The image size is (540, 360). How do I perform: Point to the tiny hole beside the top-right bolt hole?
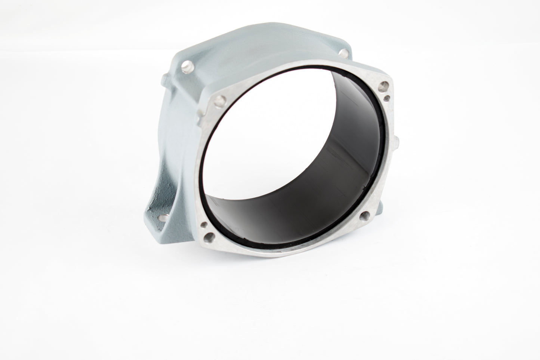point(388,98)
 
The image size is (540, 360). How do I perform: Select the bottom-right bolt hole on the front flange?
point(364,215)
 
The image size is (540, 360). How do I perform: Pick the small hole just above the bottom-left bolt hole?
point(203,225)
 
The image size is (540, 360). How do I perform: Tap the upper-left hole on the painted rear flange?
point(185,67)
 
